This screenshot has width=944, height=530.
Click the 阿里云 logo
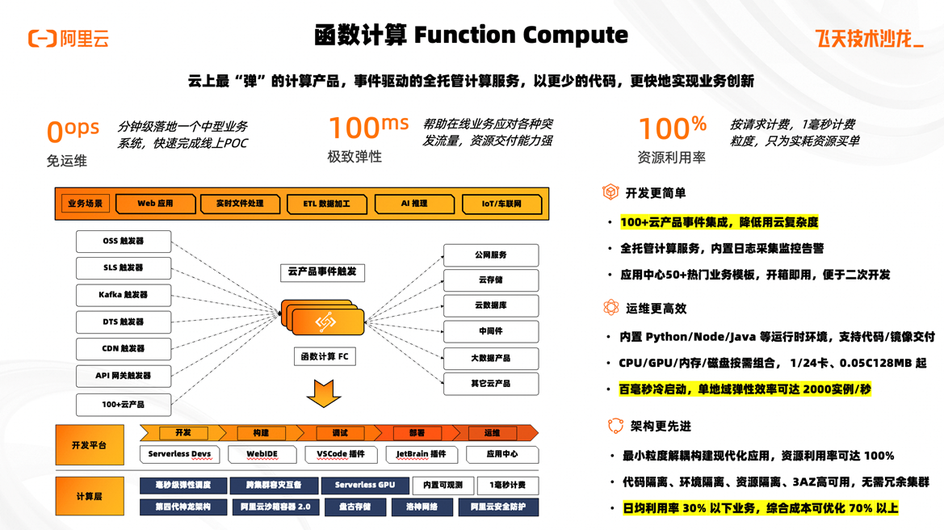tap(68, 38)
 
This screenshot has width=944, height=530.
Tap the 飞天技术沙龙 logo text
tap(869, 39)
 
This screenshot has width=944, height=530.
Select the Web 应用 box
tap(155, 204)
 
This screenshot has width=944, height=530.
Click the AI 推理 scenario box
tap(414, 204)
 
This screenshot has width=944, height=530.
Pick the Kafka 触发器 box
tap(124, 295)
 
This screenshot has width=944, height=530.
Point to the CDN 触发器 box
tap(124, 348)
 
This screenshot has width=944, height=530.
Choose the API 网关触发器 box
tap(124, 376)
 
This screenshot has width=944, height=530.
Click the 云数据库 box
tap(490, 305)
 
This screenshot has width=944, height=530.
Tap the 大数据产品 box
tap(490, 357)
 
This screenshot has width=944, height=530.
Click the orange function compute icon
tap(325, 320)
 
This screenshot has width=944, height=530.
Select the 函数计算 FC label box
tap(325, 356)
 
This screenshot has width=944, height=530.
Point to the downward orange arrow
tap(324, 393)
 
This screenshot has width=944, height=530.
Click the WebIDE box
tap(262, 454)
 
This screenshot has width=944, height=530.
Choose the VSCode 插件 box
tap(341, 454)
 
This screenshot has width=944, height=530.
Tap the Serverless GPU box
tap(365, 485)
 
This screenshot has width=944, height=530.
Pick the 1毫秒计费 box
tap(507, 485)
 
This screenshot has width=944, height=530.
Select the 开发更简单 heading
tap(655, 193)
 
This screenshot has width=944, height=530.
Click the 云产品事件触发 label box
tap(322, 271)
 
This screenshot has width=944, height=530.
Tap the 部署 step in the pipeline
tap(417, 433)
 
